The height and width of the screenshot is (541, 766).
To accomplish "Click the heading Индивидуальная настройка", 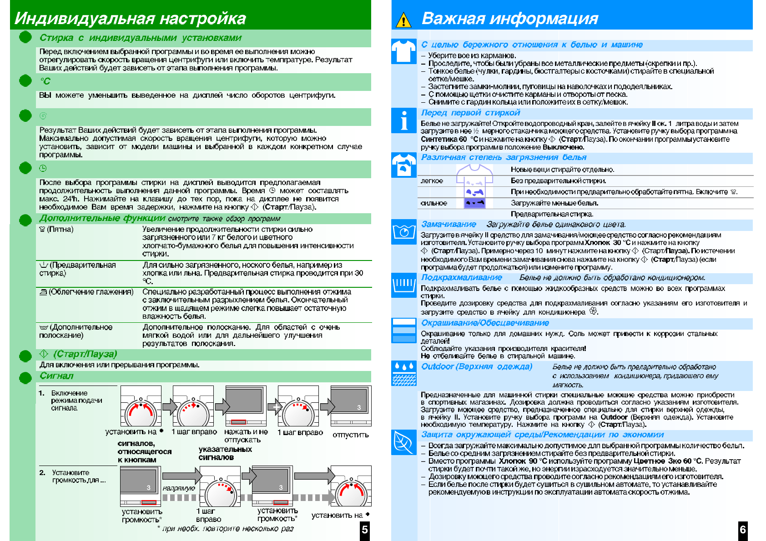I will click(x=130, y=18).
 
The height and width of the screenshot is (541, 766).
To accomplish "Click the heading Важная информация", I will click(x=509, y=18).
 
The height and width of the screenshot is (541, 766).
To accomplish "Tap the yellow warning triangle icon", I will click(x=403, y=20).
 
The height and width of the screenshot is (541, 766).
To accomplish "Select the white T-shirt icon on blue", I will click(x=403, y=51).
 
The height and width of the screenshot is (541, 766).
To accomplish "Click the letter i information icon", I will click(x=403, y=120).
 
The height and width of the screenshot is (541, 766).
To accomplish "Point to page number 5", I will click(x=364, y=530).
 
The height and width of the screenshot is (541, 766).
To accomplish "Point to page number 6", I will click(x=742, y=530).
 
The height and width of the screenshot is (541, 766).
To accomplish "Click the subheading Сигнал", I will click(x=56, y=376).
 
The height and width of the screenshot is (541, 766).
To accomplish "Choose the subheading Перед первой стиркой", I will click(x=470, y=113).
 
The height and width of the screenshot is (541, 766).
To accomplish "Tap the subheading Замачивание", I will click(x=449, y=224).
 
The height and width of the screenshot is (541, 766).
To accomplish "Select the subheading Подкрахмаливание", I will click(x=461, y=277).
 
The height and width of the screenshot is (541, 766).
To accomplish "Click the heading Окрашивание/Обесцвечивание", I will click(x=485, y=323).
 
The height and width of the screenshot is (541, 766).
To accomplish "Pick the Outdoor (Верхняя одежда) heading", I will click(x=476, y=366).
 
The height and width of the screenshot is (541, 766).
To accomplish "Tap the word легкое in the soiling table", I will click(x=432, y=181).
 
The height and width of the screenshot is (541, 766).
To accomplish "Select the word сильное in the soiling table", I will click(x=433, y=203).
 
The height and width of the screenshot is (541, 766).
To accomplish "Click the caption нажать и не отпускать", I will click(x=246, y=436).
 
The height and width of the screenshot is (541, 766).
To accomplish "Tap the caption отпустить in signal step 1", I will click(x=350, y=435).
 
